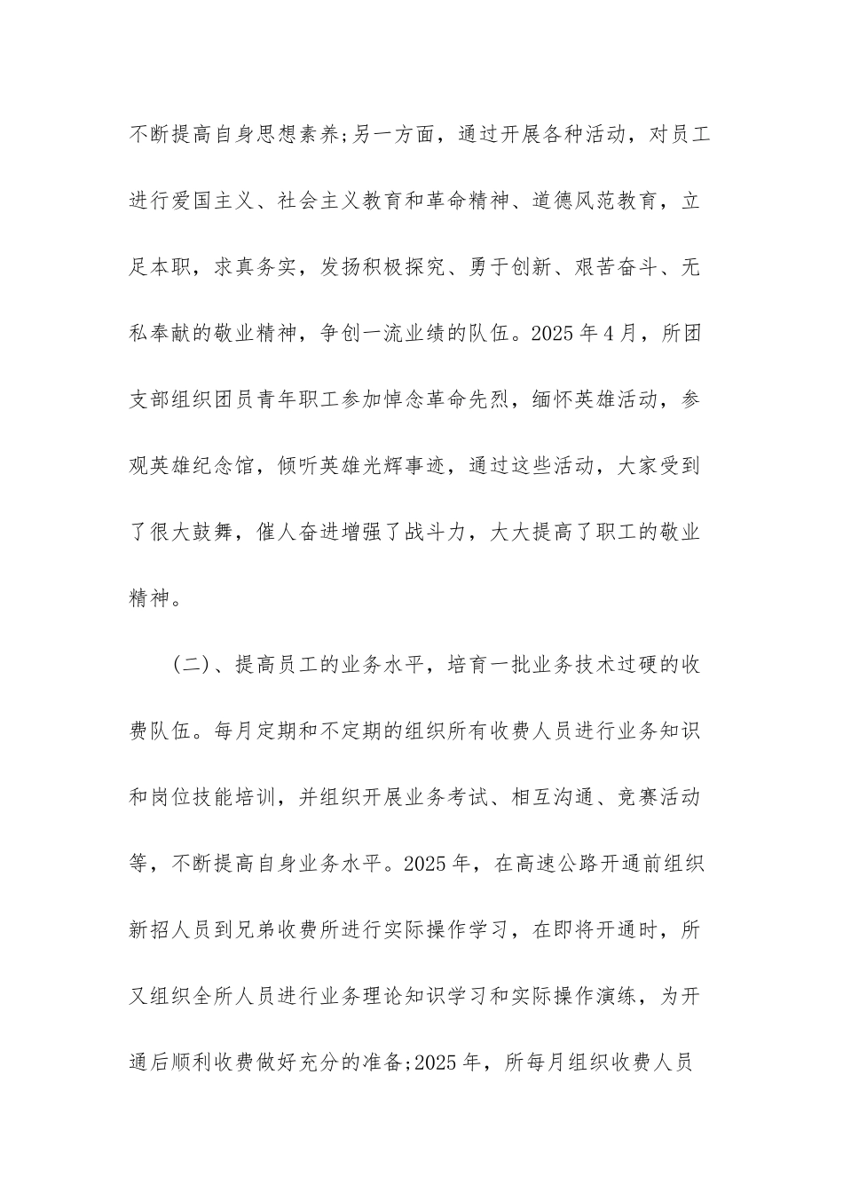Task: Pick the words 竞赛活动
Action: point(658,797)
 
